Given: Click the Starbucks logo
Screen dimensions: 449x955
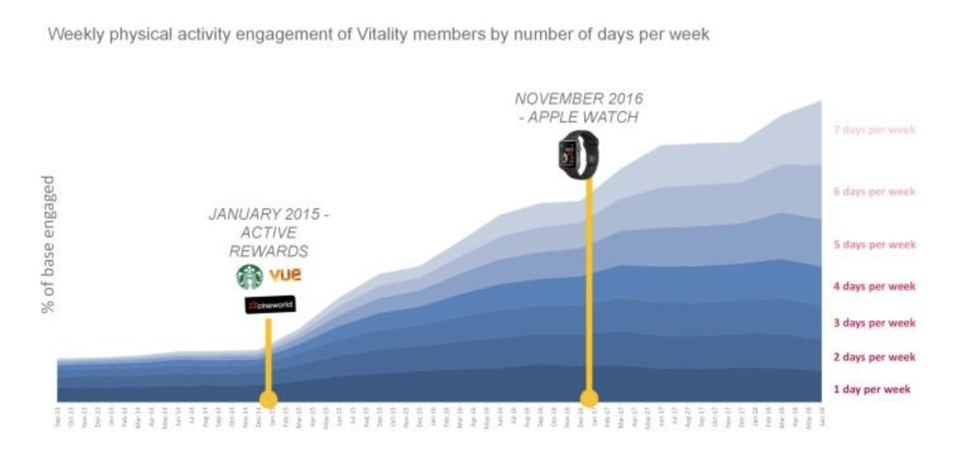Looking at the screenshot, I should click(249, 277).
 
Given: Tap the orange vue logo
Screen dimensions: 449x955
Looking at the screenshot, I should click(285, 274).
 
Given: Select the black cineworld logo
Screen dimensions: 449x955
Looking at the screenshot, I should click(270, 304).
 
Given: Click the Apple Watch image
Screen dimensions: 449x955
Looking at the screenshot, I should click(579, 155).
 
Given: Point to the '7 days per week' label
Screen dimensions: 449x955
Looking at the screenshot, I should click(874, 130).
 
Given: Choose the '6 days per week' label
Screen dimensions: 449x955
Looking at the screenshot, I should click(874, 191).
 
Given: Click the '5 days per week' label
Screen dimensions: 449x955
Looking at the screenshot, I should click(874, 244).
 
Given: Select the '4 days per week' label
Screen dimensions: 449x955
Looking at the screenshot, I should click(874, 286).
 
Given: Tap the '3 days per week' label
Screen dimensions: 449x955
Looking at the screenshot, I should click(874, 323).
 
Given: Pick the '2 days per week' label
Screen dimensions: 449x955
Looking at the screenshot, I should click(874, 357).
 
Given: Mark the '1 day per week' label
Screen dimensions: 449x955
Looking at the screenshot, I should click(872, 389).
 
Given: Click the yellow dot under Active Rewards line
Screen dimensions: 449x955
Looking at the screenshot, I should click(269, 399).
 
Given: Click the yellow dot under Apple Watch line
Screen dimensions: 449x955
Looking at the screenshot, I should click(589, 398).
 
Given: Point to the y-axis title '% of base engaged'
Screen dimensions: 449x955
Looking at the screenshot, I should click(49, 244).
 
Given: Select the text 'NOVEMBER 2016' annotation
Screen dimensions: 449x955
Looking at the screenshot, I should click(579, 99).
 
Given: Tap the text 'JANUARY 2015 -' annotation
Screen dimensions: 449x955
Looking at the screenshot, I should click(269, 214).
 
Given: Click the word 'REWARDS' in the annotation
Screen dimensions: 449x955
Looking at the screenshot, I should click(269, 251).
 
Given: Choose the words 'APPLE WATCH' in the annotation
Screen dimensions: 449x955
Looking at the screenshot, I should click(583, 117).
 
